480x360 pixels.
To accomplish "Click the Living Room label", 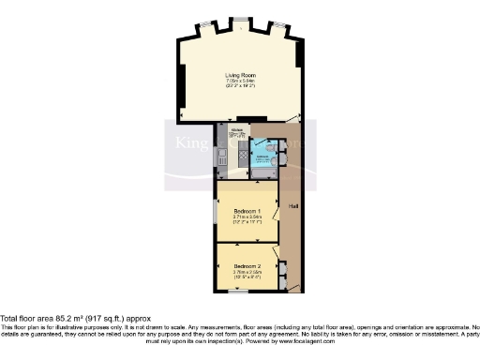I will tap(241, 74).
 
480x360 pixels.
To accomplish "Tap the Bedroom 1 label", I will tap(247, 212).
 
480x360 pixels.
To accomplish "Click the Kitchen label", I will tap(237, 129).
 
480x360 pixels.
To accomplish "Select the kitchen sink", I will tap(221, 155).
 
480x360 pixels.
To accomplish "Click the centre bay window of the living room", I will tap(241, 20).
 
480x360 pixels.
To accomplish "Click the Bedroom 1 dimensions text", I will tap(247, 221).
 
